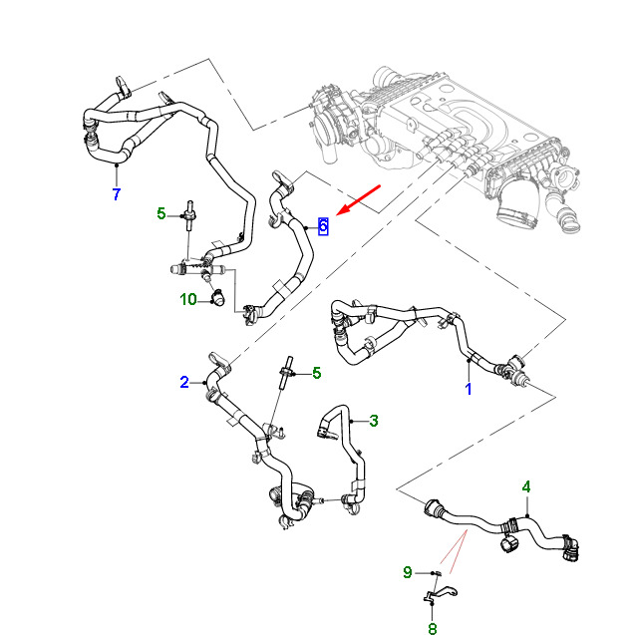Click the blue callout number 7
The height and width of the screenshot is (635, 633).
coord(117,194)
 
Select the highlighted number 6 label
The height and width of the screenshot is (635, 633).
coord(323,226)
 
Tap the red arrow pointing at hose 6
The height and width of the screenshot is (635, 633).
coord(358,200)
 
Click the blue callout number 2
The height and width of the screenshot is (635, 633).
coord(184,382)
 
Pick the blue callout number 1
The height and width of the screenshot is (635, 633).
coord(469,389)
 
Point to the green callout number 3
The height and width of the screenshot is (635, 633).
coord(374,421)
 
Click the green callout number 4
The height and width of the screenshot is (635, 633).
coord(526,486)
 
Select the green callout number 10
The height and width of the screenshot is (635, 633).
coord(188,300)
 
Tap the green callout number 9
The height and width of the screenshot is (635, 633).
coord(408,572)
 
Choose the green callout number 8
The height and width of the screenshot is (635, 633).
coord(433,628)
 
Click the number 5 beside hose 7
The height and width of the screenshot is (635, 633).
coord(161,213)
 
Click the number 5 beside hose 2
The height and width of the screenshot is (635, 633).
coord(317,373)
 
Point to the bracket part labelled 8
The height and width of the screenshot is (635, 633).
coord(440,594)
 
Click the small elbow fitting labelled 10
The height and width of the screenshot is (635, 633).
coord(218,298)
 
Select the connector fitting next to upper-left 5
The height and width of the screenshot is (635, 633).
coord(189,215)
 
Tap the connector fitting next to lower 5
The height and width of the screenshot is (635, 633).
coord(286,372)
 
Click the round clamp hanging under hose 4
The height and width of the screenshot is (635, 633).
coord(509,544)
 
